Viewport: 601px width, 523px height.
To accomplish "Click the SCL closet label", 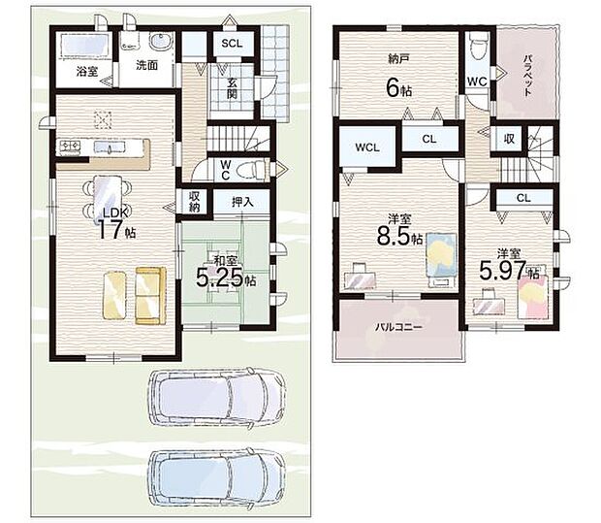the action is (232, 44).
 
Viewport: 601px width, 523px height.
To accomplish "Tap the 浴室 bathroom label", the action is (87, 71).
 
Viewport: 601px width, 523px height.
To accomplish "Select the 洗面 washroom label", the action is (146, 65).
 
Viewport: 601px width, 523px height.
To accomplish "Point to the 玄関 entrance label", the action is (232, 88).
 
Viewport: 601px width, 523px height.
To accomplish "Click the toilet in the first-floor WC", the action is (250, 170).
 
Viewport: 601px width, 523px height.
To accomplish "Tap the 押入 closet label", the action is (242, 202).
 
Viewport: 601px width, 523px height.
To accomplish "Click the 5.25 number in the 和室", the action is (219, 278).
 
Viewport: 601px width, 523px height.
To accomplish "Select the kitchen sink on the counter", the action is (110, 147).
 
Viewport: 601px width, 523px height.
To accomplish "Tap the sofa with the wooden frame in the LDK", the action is (150, 296).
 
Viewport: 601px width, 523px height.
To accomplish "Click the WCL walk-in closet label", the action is (367, 147).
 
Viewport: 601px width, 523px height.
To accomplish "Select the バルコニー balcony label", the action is (398, 327).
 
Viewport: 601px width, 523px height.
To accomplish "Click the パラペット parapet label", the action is (527, 76).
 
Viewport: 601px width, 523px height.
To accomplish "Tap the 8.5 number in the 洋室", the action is (394, 236).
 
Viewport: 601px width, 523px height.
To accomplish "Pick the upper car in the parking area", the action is (217, 398).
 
